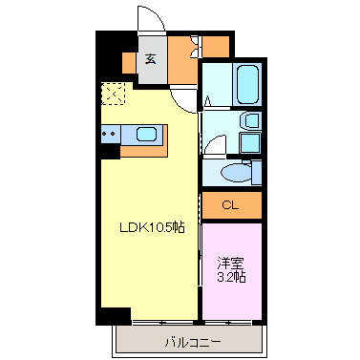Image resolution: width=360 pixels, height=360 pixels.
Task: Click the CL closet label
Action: point(230,205)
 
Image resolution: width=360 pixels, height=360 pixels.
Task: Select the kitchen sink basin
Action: point(147,135)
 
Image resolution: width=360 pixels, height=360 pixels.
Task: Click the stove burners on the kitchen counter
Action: point(107,135)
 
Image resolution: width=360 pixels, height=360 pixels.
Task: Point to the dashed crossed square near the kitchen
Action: point(112,95)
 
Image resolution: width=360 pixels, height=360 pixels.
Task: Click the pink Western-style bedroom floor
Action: point(230,286)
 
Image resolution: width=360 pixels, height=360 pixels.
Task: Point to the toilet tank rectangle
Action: point(256,172)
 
